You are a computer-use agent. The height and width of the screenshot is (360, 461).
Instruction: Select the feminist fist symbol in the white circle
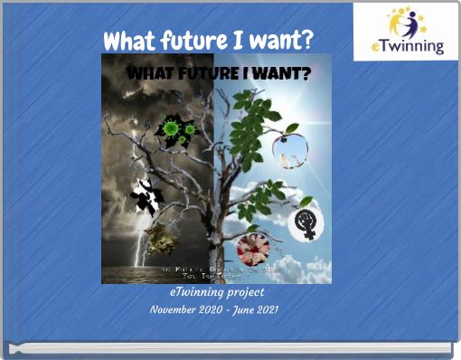(x=302, y=226)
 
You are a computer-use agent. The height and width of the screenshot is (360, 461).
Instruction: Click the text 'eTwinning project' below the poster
(x=216, y=293)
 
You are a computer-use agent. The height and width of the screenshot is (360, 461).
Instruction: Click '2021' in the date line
(x=263, y=309)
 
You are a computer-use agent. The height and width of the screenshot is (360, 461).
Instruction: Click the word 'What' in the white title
(x=126, y=41)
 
